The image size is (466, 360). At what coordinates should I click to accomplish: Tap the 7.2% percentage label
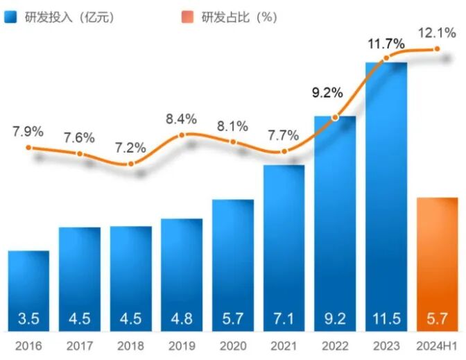(131, 147)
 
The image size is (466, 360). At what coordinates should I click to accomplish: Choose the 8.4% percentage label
(182, 119)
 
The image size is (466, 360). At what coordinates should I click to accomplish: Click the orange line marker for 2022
(336, 117)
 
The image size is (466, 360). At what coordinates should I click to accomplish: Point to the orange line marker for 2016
(28, 147)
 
